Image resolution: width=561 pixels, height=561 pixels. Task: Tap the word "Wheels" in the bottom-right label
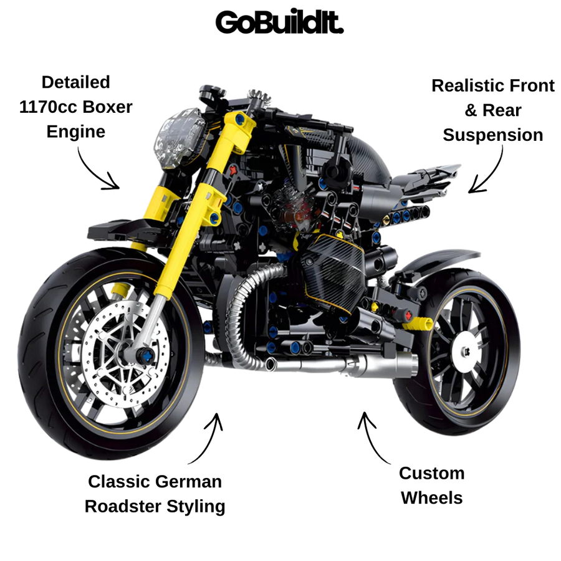pyautogui.click(x=431, y=497)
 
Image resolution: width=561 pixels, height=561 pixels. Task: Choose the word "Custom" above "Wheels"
pyautogui.click(x=432, y=473)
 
